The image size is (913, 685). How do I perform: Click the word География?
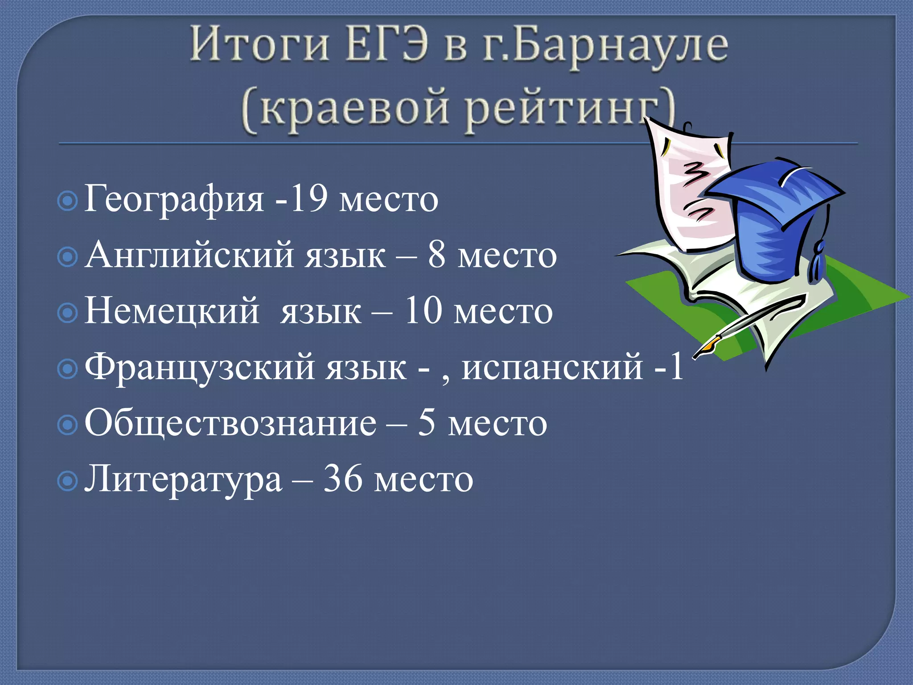tap(174, 200)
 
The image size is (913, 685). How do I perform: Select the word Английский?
tap(189, 255)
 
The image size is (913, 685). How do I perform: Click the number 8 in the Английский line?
tap(437, 255)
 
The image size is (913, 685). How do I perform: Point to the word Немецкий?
tap(172, 311)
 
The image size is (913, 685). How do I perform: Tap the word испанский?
tap(552, 367)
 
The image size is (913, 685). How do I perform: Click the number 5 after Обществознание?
tap(426, 423)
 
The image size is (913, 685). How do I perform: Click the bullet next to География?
tap(68, 202)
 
